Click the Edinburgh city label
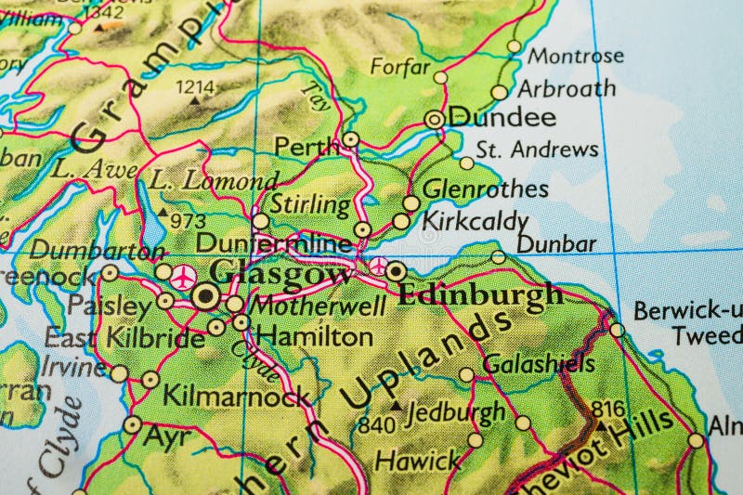(x=479, y=294)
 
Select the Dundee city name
(x=502, y=118)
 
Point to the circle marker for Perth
(x=350, y=139)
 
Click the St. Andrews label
(x=537, y=150)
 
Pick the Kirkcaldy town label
(x=475, y=222)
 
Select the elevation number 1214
(x=195, y=86)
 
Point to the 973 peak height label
(x=188, y=220)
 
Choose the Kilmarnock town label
(x=236, y=397)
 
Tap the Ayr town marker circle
(x=133, y=425)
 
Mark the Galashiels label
(x=538, y=363)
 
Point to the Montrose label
(x=576, y=56)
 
